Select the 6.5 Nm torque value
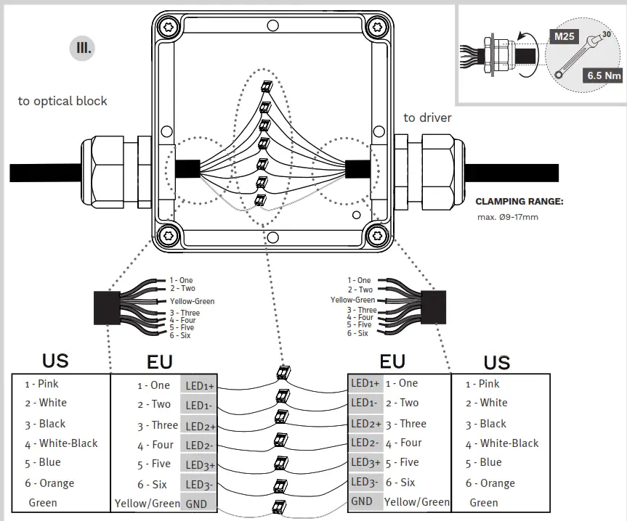(x=604, y=74)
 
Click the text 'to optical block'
(x=62, y=101)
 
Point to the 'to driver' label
(x=427, y=118)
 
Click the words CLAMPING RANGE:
(x=519, y=202)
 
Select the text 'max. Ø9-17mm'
(x=508, y=217)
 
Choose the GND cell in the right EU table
(x=362, y=501)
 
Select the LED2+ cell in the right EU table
(x=365, y=424)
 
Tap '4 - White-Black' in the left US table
(x=61, y=443)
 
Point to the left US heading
(x=55, y=361)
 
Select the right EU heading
(x=392, y=361)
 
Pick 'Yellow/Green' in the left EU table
(x=147, y=503)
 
